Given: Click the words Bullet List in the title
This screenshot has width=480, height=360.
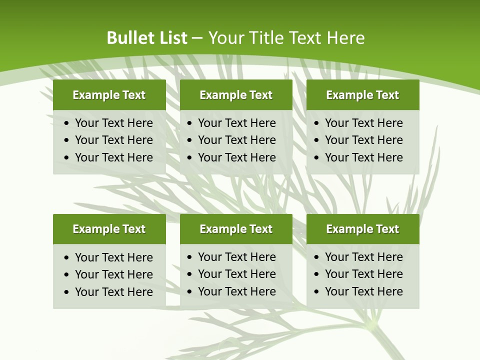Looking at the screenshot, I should tap(147, 38).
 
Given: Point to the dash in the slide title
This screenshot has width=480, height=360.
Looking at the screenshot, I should tap(197, 38).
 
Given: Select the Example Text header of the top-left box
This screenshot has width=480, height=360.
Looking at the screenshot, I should tap(109, 95).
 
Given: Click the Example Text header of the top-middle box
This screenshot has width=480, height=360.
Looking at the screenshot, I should tap(236, 95).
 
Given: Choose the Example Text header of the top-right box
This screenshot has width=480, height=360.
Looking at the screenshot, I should tap(362, 95).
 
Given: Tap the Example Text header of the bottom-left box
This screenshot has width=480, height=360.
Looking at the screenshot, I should tap(109, 229).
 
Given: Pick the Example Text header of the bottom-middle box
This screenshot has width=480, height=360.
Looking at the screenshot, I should tap(236, 229).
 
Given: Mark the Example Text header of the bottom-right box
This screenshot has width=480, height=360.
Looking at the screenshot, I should tap(362, 229).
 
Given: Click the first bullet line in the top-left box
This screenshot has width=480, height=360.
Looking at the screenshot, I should tap(113, 123).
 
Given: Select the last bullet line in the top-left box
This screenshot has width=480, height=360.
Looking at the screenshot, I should tap(113, 157).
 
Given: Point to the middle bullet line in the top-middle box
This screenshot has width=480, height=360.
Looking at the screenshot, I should tap(236, 140).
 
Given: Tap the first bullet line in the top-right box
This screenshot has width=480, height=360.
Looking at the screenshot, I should tap(363, 123).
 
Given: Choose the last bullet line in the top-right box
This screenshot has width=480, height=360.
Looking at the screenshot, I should tap(363, 157).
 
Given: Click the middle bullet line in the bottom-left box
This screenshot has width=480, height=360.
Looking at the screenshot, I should tap(113, 274).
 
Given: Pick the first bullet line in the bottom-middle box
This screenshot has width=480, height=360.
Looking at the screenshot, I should tap(236, 257).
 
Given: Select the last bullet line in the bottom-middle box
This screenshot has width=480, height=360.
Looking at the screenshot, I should tap(236, 291).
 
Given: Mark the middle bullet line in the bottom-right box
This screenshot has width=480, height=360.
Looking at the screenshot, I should tap(363, 274).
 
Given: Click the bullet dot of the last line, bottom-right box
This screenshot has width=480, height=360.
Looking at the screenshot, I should tap(316, 291).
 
